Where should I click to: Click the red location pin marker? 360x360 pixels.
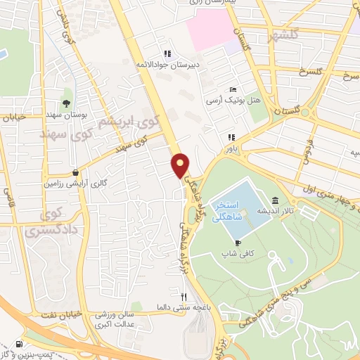pos(181,165)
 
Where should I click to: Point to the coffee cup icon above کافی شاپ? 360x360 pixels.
pos(238,243)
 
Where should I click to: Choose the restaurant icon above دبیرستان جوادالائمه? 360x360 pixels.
pos(167,53)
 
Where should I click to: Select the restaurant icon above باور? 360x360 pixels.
pos(230,138)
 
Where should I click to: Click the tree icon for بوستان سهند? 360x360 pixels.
pos(65,103)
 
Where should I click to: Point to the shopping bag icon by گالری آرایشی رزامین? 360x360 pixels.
pos(75,172)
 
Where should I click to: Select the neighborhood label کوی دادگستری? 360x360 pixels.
pos(44,221)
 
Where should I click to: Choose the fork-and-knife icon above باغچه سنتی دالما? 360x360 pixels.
pos(184,297)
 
